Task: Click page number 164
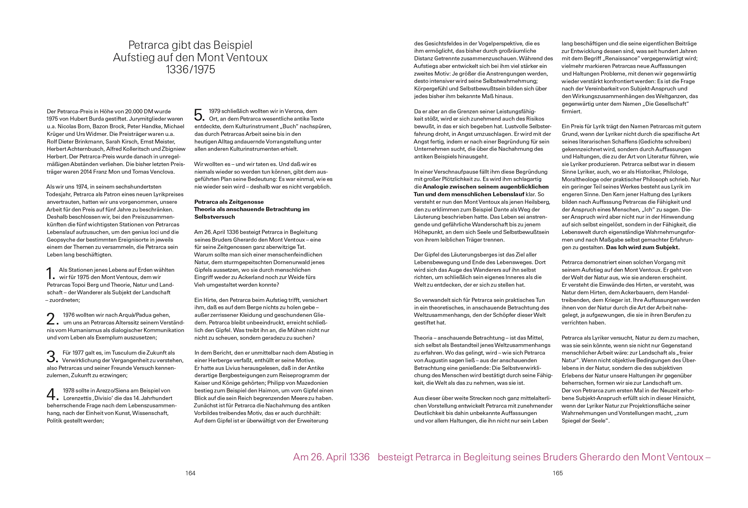[x=190, y=473]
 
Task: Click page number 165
[x=557, y=473]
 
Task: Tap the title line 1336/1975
[x=190, y=70]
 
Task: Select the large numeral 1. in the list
[x=51, y=274]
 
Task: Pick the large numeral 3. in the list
[x=52, y=357]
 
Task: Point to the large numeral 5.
[x=200, y=115]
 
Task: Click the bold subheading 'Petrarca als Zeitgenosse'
[x=229, y=202]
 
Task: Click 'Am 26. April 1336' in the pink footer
[x=331, y=457]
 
